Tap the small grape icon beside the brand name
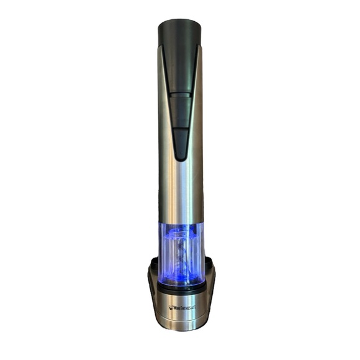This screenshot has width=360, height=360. click(x=171, y=307)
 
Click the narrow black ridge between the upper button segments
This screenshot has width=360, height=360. click(x=180, y=95)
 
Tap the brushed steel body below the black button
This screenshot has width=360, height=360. click(x=181, y=191)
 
